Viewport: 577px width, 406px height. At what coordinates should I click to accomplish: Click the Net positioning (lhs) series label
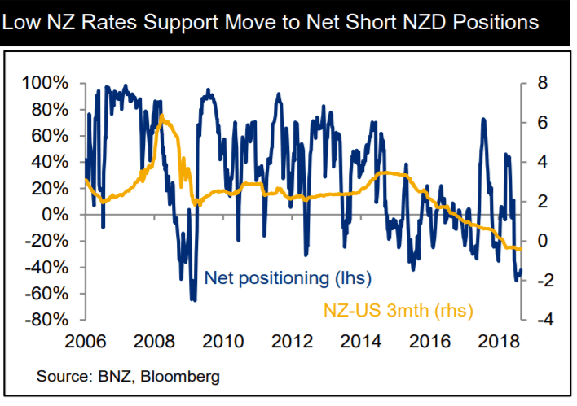[288, 278]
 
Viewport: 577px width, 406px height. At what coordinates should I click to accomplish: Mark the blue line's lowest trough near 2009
[194, 299]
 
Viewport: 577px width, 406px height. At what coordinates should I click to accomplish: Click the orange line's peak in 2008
[162, 117]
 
